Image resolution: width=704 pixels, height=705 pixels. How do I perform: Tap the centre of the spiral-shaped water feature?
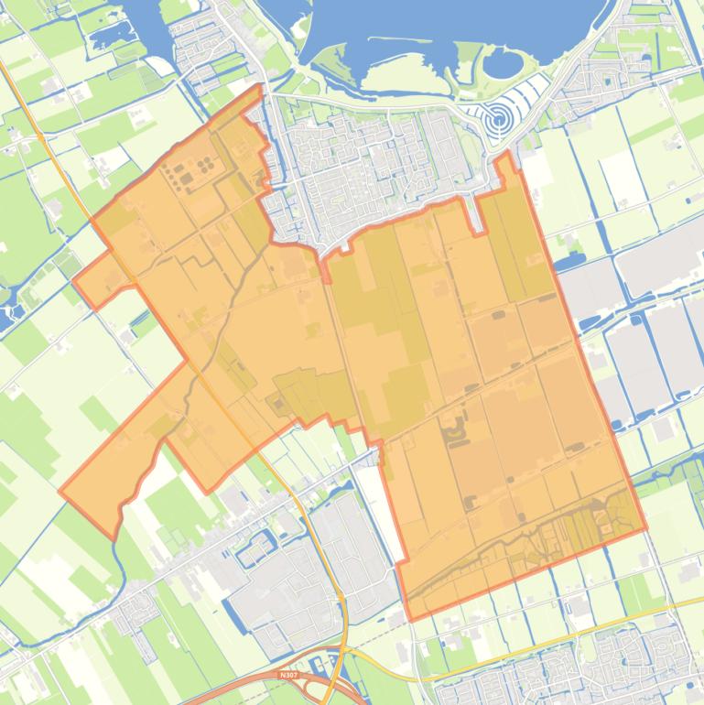(498, 118)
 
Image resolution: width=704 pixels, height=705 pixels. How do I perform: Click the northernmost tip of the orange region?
(261, 86)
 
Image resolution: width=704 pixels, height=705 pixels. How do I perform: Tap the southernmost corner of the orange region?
(409, 620)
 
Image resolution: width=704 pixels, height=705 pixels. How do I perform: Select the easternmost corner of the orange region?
(646, 528)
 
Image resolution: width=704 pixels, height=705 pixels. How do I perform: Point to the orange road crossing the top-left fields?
(37, 128)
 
